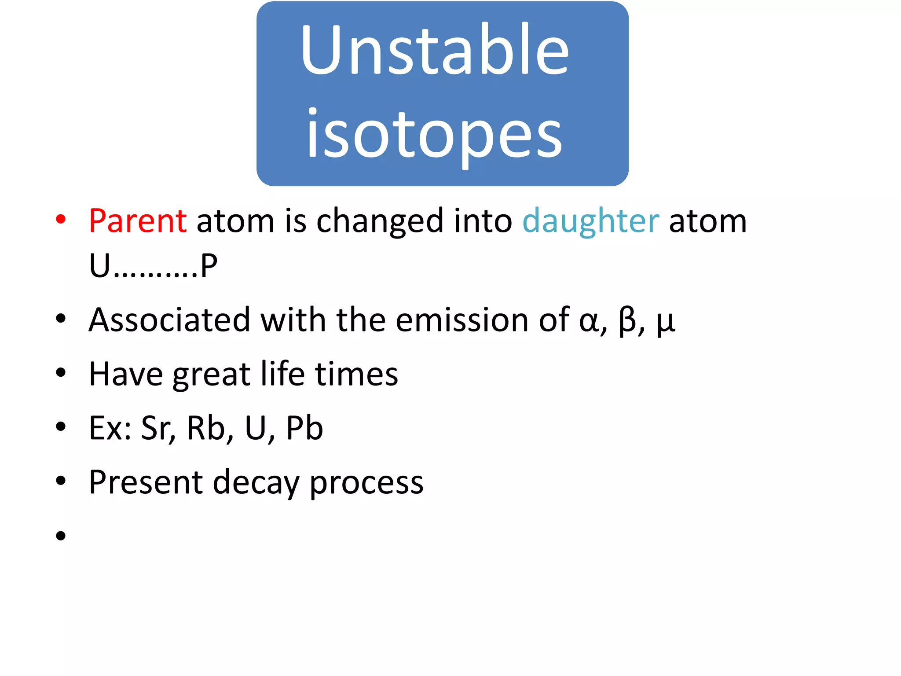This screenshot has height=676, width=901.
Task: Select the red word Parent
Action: pyautogui.click(x=138, y=220)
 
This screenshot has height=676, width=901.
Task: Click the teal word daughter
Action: pyautogui.click(x=590, y=220)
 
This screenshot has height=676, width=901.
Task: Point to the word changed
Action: pyautogui.click(x=380, y=221)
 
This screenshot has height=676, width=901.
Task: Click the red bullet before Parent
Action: pyautogui.click(x=61, y=219)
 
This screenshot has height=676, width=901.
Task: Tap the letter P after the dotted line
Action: pyautogui.click(x=209, y=266)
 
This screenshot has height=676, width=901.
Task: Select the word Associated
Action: pyautogui.click(x=169, y=320)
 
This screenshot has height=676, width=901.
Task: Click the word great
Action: pyautogui.click(x=211, y=374)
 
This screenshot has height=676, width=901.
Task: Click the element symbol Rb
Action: pyautogui.click(x=206, y=428)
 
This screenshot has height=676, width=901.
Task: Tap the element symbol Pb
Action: pyautogui.click(x=304, y=428)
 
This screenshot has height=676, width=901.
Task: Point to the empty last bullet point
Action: pyautogui.click(x=61, y=536)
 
